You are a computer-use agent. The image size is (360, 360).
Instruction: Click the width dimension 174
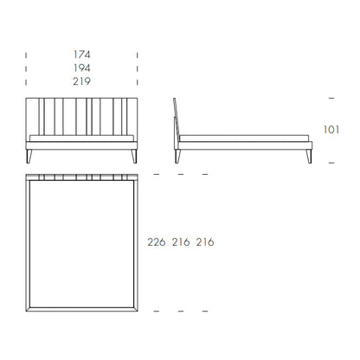tap(82, 55)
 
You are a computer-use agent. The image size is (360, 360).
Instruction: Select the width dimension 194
tap(82, 67)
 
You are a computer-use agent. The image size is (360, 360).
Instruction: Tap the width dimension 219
tap(82, 81)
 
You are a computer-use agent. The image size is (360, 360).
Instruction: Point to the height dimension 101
tap(331, 130)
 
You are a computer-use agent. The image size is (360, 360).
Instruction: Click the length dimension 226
tap(157, 242)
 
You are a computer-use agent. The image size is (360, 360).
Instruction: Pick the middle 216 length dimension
tap(181, 242)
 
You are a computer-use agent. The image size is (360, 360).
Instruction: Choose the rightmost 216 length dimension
tap(205, 242)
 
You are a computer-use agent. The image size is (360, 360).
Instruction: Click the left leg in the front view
tap(29, 157)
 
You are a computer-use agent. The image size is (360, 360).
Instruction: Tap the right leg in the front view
tap(134, 157)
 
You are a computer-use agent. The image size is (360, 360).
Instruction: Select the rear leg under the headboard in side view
tap(177, 157)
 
